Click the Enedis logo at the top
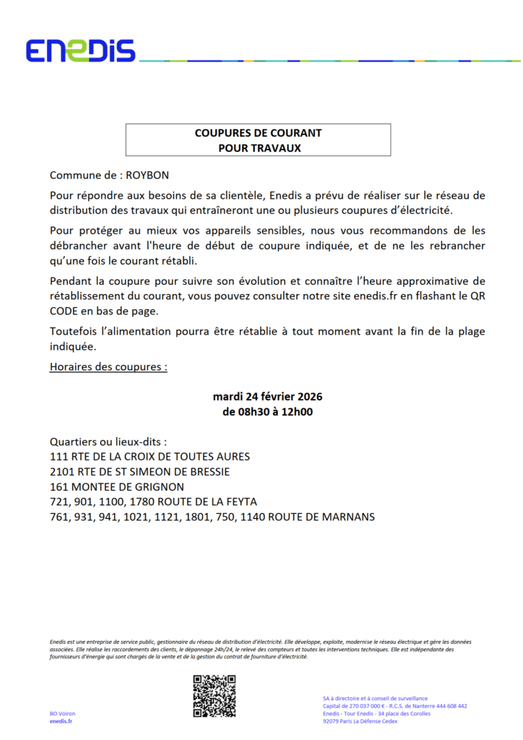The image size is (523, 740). [x=80, y=51]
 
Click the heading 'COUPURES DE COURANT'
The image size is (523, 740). [x=258, y=133]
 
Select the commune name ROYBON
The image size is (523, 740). [x=150, y=176]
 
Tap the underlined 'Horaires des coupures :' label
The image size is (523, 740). [x=108, y=366]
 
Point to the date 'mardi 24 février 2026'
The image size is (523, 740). [x=267, y=397]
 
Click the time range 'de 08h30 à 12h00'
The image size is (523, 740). [x=267, y=413]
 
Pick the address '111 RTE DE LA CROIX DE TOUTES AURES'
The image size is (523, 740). [x=150, y=457]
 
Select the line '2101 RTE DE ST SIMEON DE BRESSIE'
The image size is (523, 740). [x=139, y=472]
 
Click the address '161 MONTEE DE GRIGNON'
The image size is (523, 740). [x=116, y=487]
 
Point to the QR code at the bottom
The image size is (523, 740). [x=215, y=696]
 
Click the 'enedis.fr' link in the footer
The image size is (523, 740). [x=61, y=721]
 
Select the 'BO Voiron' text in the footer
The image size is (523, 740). [x=63, y=713]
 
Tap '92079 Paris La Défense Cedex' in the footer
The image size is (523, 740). [x=360, y=721]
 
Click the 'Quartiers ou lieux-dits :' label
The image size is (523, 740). [x=108, y=442]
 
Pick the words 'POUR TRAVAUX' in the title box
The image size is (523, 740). [x=258, y=147]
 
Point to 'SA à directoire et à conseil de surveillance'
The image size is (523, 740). [x=375, y=698]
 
